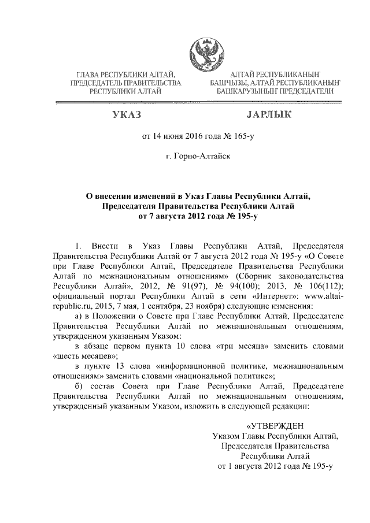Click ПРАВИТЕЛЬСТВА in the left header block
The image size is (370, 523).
[154, 83]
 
